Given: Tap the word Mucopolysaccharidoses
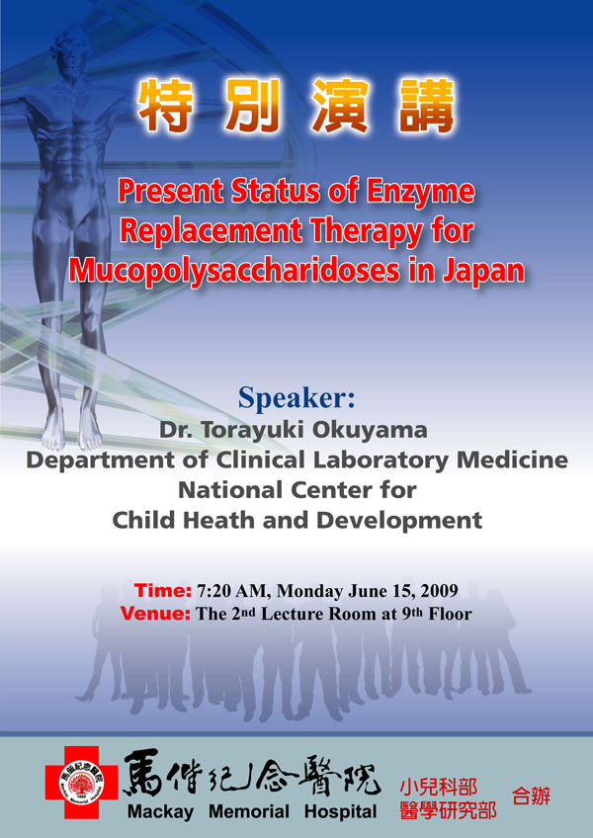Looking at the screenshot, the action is [x=234, y=271].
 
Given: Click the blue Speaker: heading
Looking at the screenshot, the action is [x=296, y=397].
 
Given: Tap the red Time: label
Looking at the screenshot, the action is [x=162, y=591].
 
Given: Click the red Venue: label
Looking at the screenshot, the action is [x=155, y=613].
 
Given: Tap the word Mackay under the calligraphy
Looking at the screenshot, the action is [x=160, y=813].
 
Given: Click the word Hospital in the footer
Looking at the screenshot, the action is [x=341, y=812].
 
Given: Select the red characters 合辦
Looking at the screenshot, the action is [x=531, y=796].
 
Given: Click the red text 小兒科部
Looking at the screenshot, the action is [x=439, y=788].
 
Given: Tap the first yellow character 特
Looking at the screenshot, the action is [x=165, y=106].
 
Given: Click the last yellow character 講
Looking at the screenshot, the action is [x=427, y=106].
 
